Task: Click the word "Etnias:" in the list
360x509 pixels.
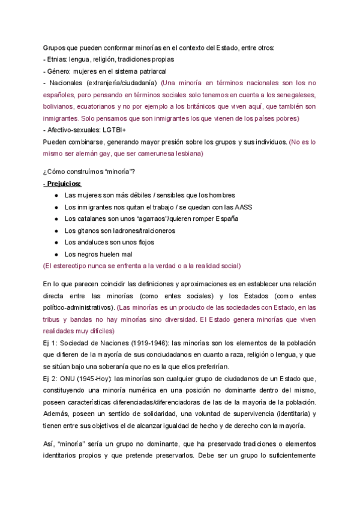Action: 58,59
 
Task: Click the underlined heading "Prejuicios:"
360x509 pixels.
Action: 65,183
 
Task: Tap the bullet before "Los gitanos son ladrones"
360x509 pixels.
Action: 56,230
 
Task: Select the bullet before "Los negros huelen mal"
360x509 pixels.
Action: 56,254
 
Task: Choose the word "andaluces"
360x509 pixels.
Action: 89,242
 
